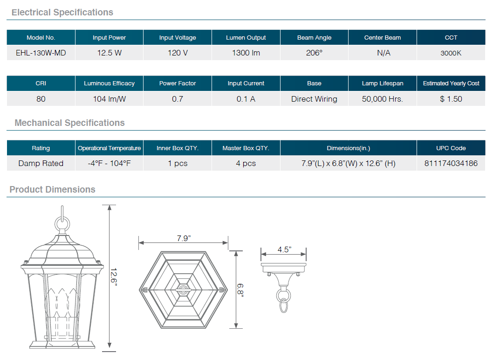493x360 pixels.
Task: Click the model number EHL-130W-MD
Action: point(41,53)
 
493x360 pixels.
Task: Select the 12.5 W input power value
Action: point(110,53)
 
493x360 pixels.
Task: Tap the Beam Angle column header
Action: point(314,37)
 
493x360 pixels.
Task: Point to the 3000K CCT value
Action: point(451,53)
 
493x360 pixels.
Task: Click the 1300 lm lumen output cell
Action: point(246,53)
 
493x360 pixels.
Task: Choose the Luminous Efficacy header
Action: point(109,83)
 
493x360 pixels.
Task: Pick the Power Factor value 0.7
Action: point(178,99)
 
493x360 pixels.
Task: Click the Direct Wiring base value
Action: point(314,99)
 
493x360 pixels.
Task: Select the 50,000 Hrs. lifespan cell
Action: point(382,99)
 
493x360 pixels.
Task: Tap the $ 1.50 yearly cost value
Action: point(451,99)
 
